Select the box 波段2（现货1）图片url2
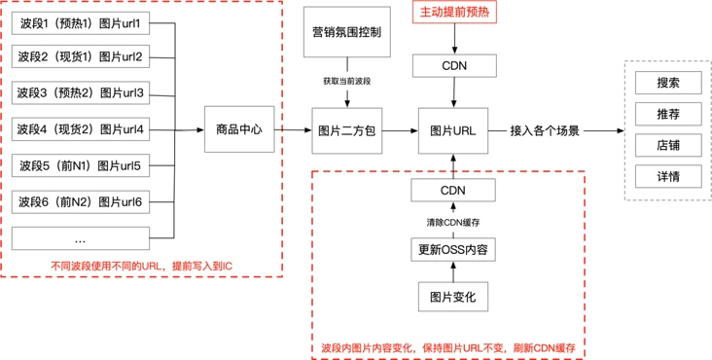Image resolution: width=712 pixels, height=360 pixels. (80, 57)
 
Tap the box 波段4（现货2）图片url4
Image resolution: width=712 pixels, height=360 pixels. (80, 129)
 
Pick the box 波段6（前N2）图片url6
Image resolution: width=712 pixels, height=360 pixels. (80, 202)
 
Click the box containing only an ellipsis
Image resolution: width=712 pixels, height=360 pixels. (80, 238)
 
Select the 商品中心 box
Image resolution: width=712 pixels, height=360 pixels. (238, 129)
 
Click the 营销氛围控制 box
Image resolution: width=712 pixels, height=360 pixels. (344, 33)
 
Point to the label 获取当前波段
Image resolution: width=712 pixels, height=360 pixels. (344, 82)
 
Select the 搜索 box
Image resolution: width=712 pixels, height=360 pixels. (667, 83)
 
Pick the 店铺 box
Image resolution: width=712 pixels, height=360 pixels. (667, 145)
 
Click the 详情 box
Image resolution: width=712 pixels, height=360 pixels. (667, 176)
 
